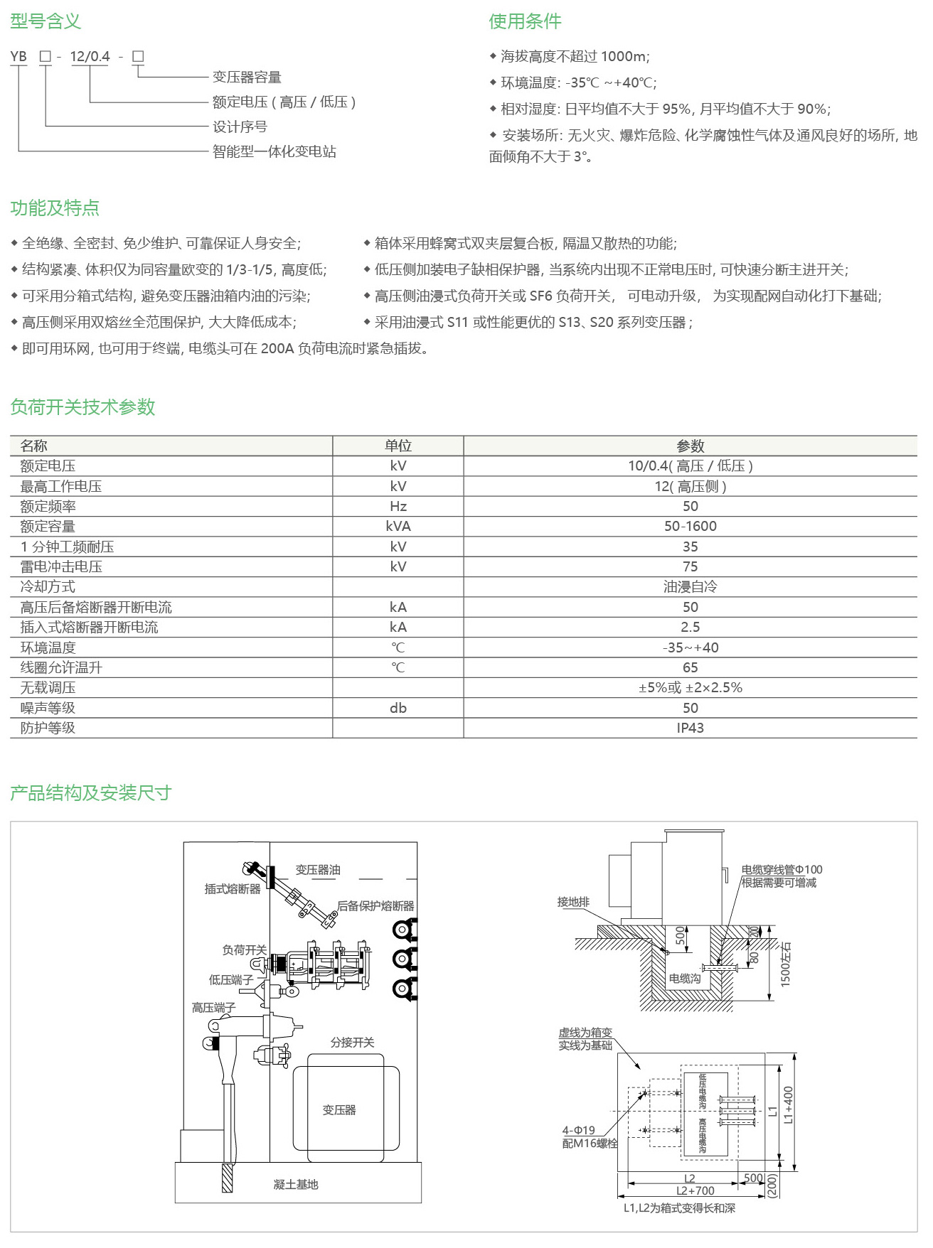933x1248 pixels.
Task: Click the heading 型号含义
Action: click(x=46, y=21)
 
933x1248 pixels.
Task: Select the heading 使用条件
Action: click(x=525, y=21)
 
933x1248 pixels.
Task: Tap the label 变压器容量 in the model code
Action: click(x=247, y=77)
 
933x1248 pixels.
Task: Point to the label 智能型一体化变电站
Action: click(x=274, y=151)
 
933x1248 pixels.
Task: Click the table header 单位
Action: click(x=398, y=446)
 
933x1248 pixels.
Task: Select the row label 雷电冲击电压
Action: click(x=61, y=566)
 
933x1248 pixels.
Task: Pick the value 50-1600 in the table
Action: click(x=690, y=526)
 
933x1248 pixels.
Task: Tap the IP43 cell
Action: click(x=690, y=728)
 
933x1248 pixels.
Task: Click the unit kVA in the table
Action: click(x=398, y=526)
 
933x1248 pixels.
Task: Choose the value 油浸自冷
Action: click(x=690, y=586)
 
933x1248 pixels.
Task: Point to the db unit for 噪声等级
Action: click(x=398, y=708)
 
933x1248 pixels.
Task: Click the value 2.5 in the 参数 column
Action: click(x=690, y=627)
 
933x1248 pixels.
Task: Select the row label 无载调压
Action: click(x=48, y=687)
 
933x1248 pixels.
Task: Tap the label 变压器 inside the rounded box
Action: click(x=338, y=1109)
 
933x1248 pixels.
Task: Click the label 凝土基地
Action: click(x=296, y=1184)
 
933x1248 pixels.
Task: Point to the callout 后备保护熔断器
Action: click(x=375, y=905)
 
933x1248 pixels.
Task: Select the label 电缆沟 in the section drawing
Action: click(x=684, y=979)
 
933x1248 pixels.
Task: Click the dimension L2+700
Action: click(x=695, y=1190)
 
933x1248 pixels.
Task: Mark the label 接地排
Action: click(x=573, y=902)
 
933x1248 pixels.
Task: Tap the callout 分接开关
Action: click(x=352, y=1042)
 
